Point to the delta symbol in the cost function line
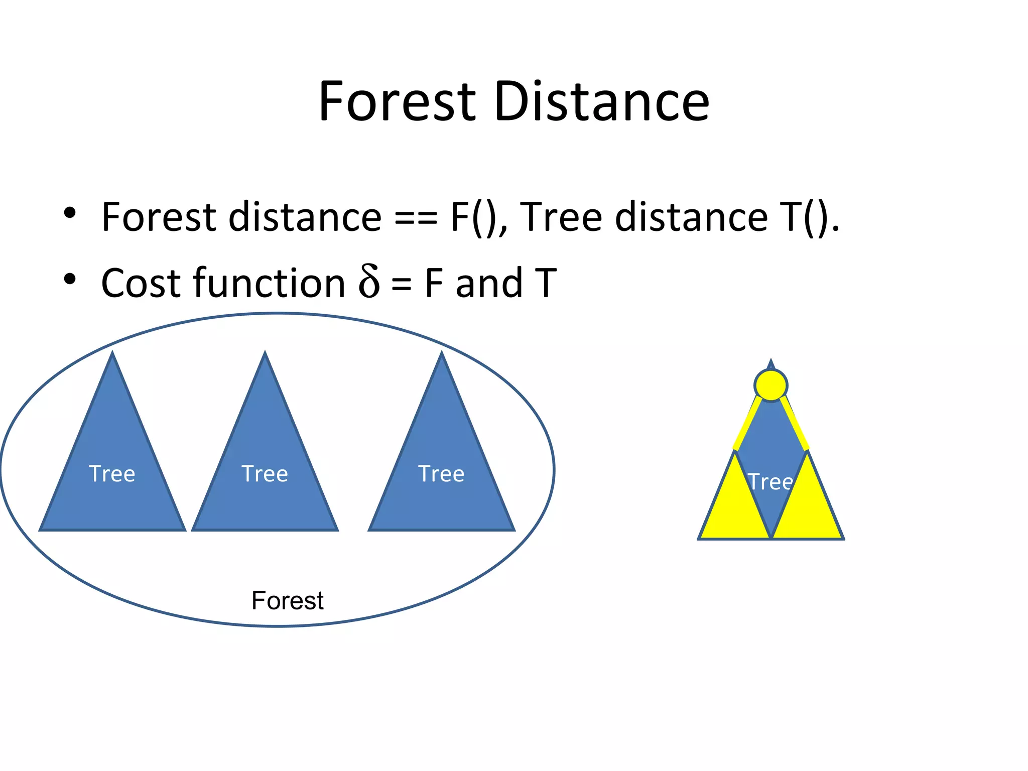tap(369, 282)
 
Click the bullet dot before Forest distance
tap(70, 213)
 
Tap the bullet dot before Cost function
tap(70, 279)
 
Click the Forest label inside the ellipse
tap(288, 601)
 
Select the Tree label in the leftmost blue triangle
tap(112, 474)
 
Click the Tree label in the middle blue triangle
tap(265, 474)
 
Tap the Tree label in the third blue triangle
tap(441, 474)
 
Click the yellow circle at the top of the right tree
tap(770, 385)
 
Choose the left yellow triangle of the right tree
tap(733, 507)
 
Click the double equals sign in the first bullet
tap(416, 220)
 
